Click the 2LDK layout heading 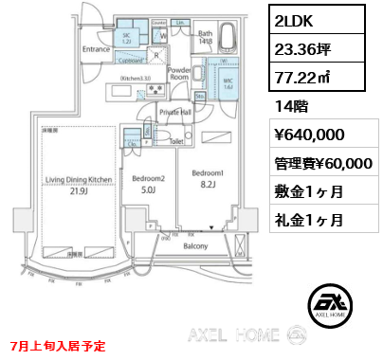tap(293, 19)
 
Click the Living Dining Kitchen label tap(82, 178)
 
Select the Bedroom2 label tap(148, 179)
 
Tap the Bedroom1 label tap(208, 173)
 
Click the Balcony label tap(194, 246)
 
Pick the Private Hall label tap(176, 112)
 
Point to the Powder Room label tap(180, 74)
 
